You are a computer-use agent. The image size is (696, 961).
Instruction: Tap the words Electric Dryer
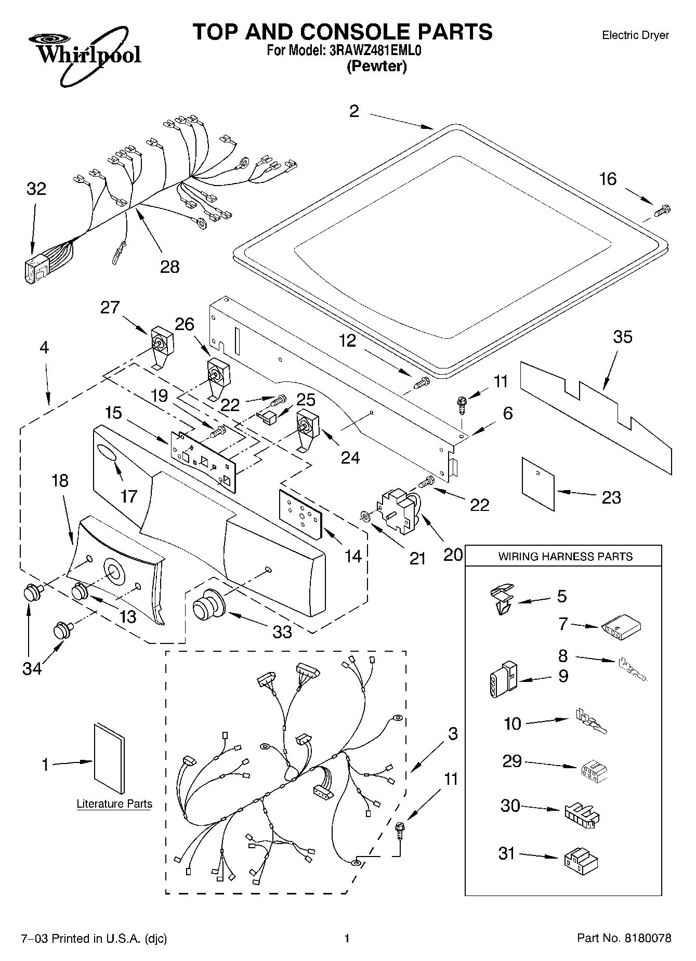[635, 35]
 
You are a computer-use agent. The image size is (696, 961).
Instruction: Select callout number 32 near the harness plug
[36, 189]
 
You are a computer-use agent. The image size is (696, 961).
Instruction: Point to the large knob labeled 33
[206, 605]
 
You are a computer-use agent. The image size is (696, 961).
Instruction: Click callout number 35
[623, 337]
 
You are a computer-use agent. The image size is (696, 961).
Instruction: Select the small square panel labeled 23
[538, 483]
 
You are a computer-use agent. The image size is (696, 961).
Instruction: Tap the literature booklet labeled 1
[109, 759]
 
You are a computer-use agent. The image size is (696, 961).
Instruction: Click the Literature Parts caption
[114, 804]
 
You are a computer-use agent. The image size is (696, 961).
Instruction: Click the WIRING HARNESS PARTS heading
[565, 557]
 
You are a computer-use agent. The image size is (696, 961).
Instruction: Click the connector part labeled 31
[580, 860]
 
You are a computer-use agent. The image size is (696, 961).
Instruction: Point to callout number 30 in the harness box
[510, 806]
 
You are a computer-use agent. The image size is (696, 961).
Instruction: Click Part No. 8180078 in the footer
[624, 938]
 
